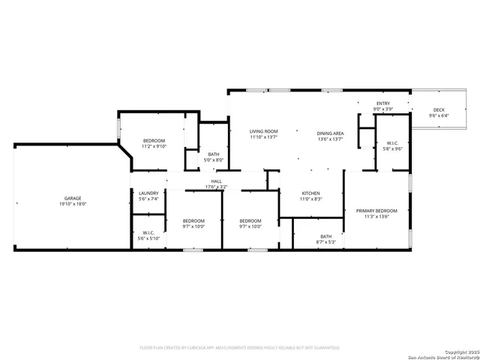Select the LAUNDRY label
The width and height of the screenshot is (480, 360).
148,193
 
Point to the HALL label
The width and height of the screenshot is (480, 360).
216,181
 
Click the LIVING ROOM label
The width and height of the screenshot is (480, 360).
263,131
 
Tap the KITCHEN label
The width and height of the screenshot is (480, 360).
310,193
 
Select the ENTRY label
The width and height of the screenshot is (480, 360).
382,103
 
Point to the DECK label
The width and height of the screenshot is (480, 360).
439,109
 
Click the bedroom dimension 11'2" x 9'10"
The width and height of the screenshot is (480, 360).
154,147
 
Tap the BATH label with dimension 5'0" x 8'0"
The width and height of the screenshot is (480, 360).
214,154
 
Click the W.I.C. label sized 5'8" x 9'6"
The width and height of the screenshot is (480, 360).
392,142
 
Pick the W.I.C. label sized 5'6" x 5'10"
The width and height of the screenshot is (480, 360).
148,232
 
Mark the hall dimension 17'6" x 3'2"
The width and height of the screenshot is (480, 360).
216,187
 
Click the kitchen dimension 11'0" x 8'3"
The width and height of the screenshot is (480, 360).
310,199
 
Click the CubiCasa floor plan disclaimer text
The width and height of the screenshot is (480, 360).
240,347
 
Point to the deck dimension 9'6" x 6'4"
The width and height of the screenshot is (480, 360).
439,115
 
